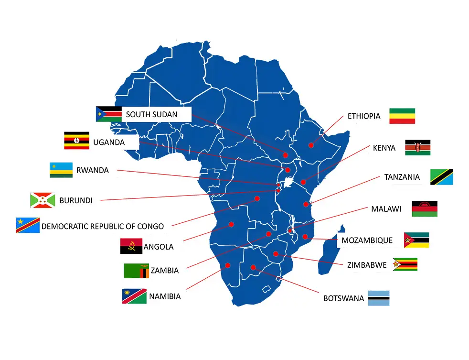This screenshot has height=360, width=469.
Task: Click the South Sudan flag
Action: pyautogui.click(x=108, y=114)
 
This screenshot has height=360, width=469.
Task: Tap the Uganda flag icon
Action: pyautogui.click(x=76, y=141)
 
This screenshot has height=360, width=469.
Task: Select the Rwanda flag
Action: pyautogui.click(x=61, y=170)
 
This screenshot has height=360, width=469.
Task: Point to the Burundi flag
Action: pyautogui.click(x=42, y=200)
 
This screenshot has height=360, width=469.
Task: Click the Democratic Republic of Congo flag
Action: pyautogui.click(x=28, y=225)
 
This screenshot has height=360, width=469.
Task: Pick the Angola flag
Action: pyautogui.click(x=131, y=246)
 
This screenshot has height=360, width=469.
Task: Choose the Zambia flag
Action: pyautogui.click(x=136, y=271)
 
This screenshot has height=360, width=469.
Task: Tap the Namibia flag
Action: pyautogui.click(x=134, y=296)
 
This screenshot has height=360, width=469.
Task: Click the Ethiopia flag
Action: pyautogui.click(x=402, y=116)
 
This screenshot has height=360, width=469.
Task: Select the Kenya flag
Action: pyautogui.click(x=417, y=148)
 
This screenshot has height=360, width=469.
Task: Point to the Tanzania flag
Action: pyautogui.click(x=441, y=177)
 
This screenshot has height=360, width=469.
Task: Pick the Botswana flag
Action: pyautogui.click(x=379, y=298)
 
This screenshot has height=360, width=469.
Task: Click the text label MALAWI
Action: pyautogui.click(x=386, y=209)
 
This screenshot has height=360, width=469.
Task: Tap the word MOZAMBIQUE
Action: pyautogui.click(x=367, y=240)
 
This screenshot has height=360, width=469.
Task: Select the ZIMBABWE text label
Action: pyautogui.click(x=367, y=264)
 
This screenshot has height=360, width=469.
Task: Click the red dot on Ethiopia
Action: pyautogui.click(x=311, y=145)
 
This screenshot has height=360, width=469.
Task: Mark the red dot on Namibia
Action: pyautogui.click(x=227, y=265)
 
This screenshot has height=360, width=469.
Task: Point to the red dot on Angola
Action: pyautogui.click(x=231, y=224)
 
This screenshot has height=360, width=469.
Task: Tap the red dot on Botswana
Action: pyautogui.click(x=253, y=267)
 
